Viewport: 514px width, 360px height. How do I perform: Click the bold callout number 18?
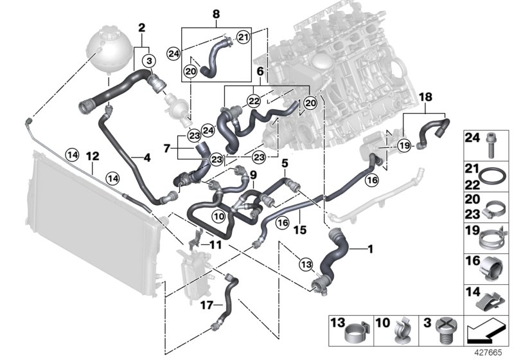coord(425,96)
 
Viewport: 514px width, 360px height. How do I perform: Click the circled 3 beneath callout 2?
coord(149,61)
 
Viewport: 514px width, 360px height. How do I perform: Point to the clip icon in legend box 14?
coord(493,300)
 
